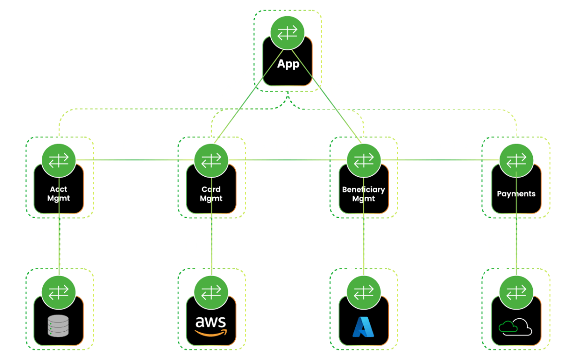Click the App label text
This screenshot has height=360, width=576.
click(288, 64)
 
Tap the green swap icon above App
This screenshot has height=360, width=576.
click(288, 32)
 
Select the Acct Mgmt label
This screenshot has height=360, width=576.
click(59, 193)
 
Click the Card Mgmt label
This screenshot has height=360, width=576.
click(211, 193)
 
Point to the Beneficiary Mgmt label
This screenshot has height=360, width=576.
click(363, 193)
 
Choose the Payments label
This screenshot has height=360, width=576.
click(516, 194)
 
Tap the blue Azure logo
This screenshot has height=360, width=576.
click(363, 326)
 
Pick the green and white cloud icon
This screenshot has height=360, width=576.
click(516, 327)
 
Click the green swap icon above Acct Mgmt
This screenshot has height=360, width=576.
click(59, 160)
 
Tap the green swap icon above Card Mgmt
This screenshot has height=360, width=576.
click(211, 160)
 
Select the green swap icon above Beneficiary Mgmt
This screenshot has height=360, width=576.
click(363, 160)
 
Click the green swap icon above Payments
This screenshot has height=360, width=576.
click(516, 160)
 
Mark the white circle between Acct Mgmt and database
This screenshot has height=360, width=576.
click(50, 242)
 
